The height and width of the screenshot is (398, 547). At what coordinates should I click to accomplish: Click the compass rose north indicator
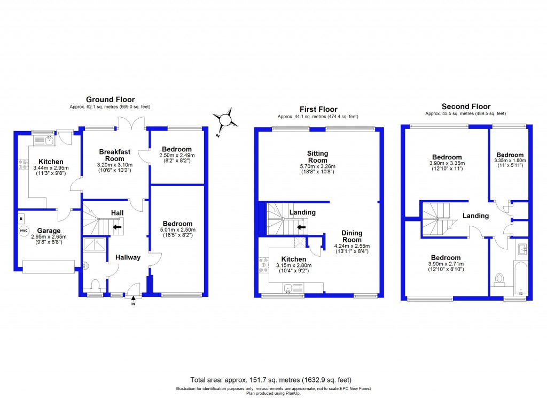[225, 120]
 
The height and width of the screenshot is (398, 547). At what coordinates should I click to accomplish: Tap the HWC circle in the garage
[24, 231]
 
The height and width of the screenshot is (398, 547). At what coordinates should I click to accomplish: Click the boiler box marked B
[21, 218]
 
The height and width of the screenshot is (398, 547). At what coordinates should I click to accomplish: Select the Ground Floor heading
[110, 99]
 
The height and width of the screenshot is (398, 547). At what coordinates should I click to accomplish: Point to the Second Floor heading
[466, 106]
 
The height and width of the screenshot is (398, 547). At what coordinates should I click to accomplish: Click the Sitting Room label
[317, 157]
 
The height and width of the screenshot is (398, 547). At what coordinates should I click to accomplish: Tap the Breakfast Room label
[115, 155]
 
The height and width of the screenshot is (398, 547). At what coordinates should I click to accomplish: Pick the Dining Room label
[351, 236]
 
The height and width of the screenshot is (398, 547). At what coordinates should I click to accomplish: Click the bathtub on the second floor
[520, 278]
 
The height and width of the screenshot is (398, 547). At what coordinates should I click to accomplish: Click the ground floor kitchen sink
[44, 140]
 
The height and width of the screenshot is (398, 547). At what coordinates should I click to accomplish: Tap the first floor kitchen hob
[264, 265]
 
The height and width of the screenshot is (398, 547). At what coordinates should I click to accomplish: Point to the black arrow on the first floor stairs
[301, 227]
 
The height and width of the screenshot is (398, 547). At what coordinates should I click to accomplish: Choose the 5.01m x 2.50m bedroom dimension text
[177, 230]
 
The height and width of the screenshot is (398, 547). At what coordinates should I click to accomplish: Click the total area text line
[271, 380]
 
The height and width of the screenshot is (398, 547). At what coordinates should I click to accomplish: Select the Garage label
[49, 231]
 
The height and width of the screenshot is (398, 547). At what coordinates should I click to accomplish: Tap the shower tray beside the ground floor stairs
[94, 244]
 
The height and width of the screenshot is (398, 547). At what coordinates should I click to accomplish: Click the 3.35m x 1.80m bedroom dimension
[510, 160]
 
